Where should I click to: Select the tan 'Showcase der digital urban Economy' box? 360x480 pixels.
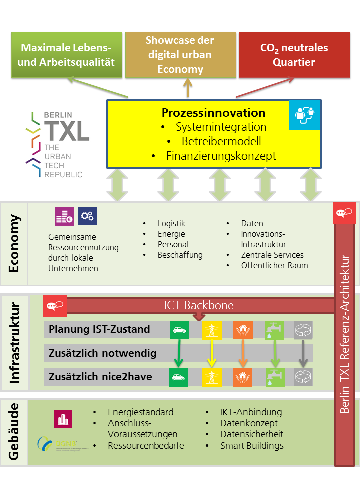click(180, 55)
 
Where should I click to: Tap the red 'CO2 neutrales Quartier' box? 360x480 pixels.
click(294, 55)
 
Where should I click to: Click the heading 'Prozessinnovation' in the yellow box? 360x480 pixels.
click(213, 113)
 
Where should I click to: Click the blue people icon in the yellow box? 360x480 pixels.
click(303, 114)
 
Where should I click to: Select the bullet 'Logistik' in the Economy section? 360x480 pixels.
click(171, 223)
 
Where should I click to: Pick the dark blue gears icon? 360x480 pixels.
click(87, 216)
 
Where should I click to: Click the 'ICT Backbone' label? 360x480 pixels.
click(199, 305)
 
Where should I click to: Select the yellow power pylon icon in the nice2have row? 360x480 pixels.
click(211, 376)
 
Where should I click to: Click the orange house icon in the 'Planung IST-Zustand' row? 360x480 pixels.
click(242, 329)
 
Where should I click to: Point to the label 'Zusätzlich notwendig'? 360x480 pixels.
click(103, 353)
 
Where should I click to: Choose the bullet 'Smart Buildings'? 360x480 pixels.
click(252, 445)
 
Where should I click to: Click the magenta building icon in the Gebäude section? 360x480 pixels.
click(63, 419)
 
